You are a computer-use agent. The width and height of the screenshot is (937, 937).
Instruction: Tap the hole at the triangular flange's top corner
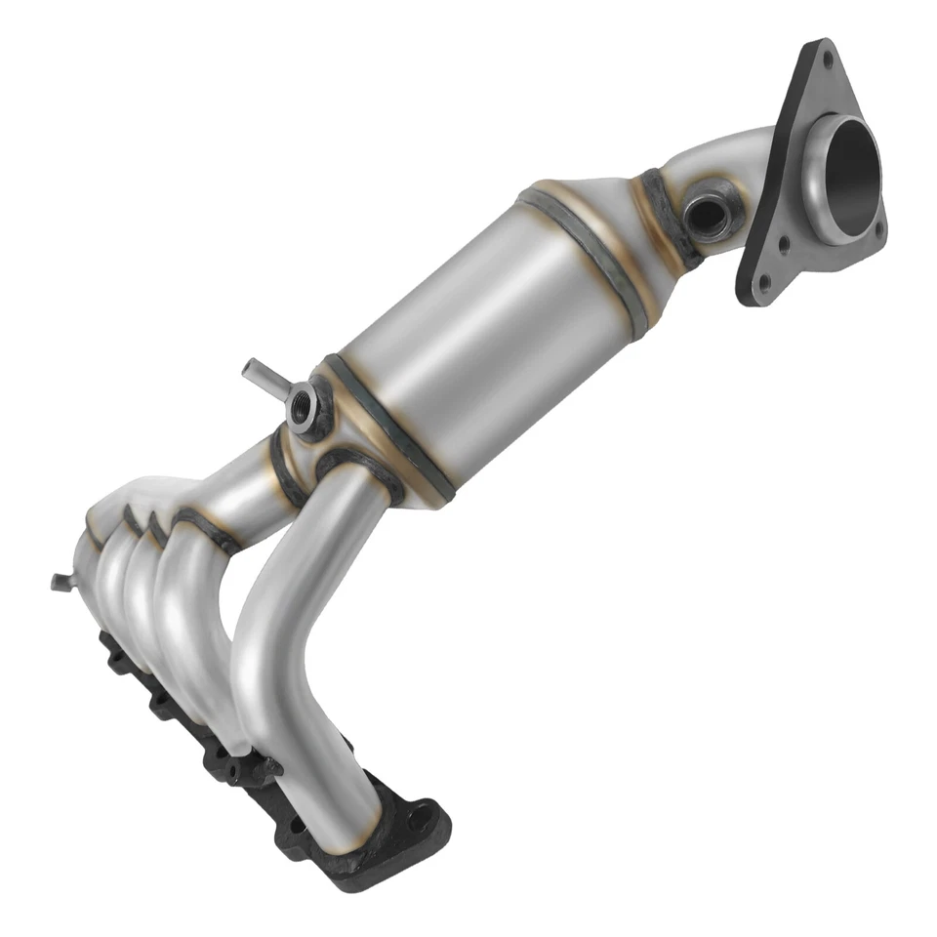(828, 61)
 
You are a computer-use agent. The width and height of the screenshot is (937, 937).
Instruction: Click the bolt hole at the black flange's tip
(421, 819)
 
